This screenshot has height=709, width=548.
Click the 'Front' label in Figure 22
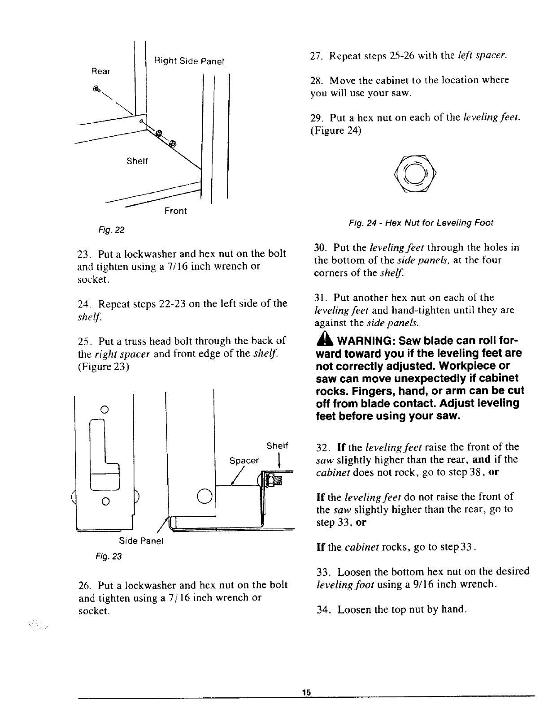(175, 211)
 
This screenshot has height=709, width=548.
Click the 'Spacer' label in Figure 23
(244, 461)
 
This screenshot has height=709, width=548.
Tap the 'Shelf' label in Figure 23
(276, 446)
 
